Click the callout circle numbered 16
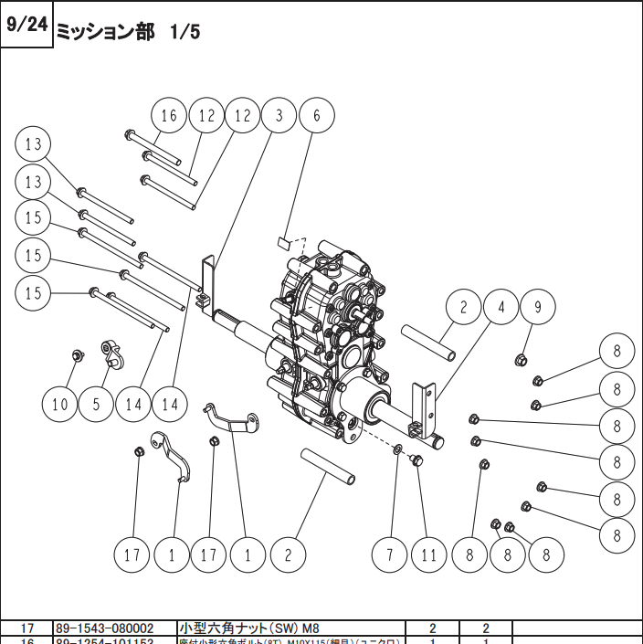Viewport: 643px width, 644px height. click(x=169, y=116)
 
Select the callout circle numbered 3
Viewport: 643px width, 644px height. click(x=279, y=116)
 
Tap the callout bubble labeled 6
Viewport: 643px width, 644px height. click(x=317, y=116)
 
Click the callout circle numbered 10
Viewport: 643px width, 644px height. click(x=60, y=404)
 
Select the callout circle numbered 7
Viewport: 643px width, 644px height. click(x=389, y=554)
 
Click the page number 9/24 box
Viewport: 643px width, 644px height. click(x=26, y=25)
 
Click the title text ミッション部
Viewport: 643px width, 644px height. click(x=105, y=31)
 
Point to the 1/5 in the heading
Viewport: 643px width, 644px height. click(x=184, y=31)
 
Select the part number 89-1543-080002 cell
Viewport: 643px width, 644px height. click(x=105, y=628)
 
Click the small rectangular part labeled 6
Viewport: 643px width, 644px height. click(x=284, y=242)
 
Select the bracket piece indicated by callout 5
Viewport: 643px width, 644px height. click(x=111, y=351)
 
